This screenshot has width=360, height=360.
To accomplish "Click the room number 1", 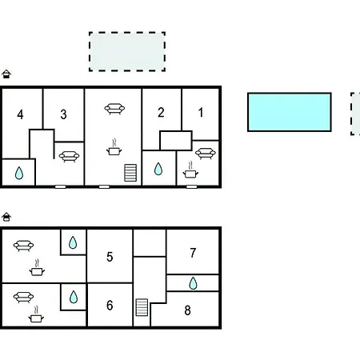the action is pos(201,112).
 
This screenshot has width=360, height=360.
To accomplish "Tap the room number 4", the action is pos(20,114).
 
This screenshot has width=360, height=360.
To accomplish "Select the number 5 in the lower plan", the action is pos(110,257).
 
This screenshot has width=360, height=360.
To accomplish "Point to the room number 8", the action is pos(187,310).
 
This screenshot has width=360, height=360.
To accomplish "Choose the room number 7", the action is pos(193,253).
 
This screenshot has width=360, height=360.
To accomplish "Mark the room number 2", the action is pos(161,112).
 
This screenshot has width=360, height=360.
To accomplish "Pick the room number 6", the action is pos(110,305).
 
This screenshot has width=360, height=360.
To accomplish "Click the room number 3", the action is pos(63,114).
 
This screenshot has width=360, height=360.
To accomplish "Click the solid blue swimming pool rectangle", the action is pos(290,112).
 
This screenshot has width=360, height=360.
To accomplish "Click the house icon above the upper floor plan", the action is pos(6,74).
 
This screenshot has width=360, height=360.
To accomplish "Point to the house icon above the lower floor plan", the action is pos(6,217).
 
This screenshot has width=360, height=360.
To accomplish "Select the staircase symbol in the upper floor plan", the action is pos(130,173).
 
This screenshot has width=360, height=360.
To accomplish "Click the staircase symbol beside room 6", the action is pos(142,307).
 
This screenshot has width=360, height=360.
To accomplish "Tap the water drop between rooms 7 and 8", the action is pos(193,283).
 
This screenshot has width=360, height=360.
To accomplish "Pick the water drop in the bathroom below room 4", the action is pos(19,173).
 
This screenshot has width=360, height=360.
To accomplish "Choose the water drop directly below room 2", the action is pos(158,169).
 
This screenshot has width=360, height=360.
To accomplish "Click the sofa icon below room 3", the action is pos(69,157).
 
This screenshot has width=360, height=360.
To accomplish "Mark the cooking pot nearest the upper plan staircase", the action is pos(114,147).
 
